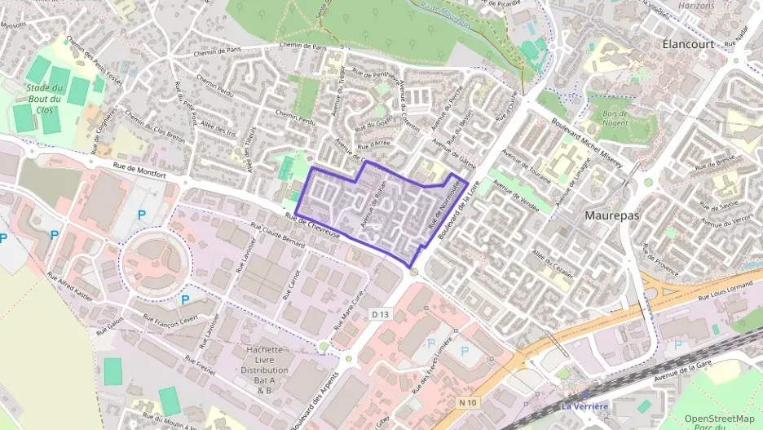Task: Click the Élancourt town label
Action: click(689, 42)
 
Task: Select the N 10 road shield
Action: click(466, 401)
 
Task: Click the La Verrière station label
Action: click(584, 406)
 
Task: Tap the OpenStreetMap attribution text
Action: click(719, 419)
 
